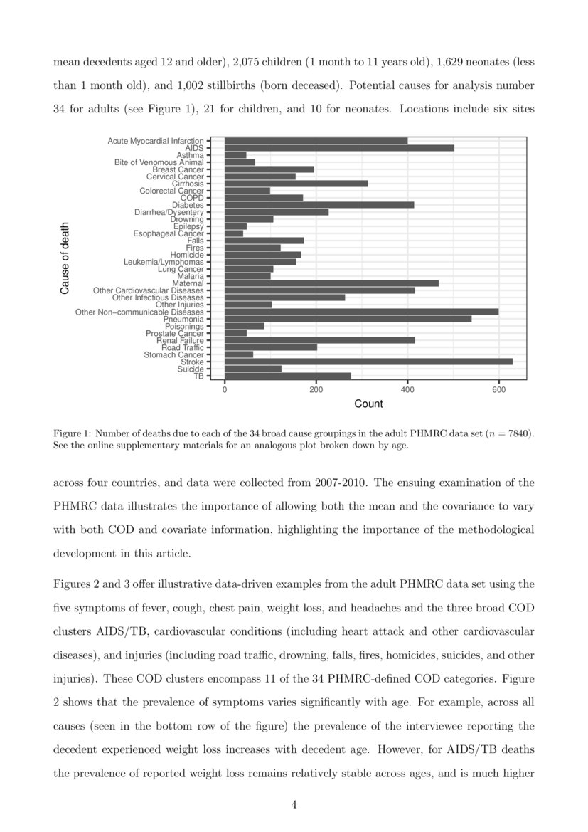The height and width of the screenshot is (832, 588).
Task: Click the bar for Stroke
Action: (x=368, y=362)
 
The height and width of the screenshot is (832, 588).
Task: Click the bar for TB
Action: (x=287, y=376)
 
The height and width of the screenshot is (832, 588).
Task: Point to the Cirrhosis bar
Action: (x=296, y=184)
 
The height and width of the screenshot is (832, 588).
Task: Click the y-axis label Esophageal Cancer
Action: (x=169, y=233)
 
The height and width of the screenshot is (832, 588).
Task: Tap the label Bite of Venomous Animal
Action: (x=159, y=162)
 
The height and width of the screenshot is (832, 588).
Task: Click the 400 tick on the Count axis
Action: (x=407, y=390)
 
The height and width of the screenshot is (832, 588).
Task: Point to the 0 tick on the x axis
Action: (x=225, y=390)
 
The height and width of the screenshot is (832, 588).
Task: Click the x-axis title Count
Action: (x=368, y=404)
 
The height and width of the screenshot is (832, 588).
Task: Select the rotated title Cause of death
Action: (x=65, y=258)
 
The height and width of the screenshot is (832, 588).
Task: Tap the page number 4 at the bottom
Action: (x=294, y=805)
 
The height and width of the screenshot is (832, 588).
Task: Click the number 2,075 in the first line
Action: (x=247, y=62)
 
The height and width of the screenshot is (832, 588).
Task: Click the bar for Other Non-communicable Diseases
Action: (x=361, y=312)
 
